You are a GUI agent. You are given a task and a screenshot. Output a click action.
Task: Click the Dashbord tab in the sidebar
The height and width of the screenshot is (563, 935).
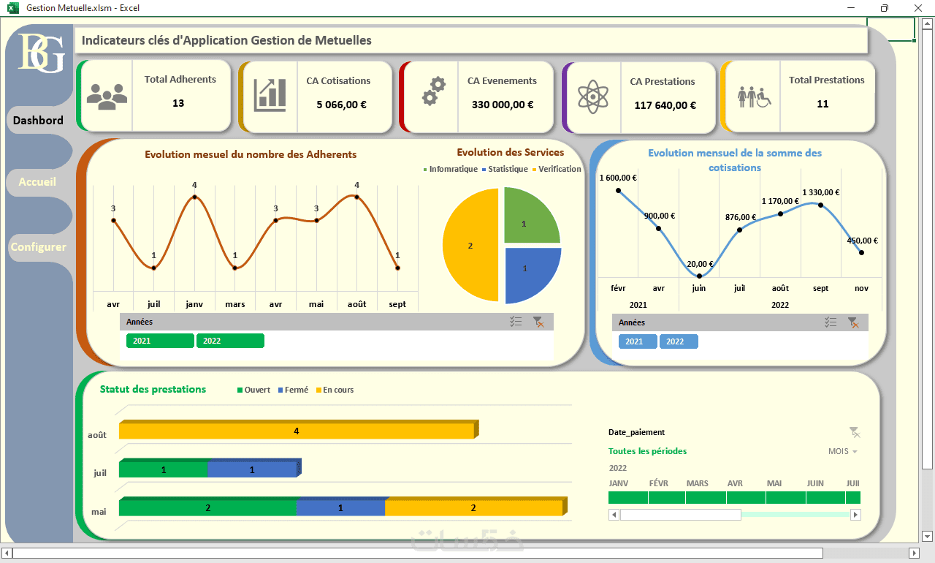tap(38, 120)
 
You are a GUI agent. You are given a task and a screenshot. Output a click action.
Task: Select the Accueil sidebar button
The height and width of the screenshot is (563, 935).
tap(37, 181)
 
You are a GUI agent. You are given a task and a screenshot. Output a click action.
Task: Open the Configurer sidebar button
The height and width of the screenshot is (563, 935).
tap(38, 247)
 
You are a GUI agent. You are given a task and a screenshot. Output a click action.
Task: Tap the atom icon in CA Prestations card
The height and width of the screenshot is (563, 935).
tap(592, 95)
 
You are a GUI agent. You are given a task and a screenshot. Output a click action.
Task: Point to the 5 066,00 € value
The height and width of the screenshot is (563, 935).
tap(341, 105)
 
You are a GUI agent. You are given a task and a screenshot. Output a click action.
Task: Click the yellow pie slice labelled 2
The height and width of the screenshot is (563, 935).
tap(470, 246)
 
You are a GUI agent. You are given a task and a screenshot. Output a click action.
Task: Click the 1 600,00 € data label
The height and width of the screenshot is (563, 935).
tap(617, 178)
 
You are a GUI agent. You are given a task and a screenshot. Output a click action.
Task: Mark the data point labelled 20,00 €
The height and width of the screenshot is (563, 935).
tap(700, 276)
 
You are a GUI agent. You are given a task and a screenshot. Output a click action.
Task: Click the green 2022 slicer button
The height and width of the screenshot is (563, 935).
tap(229, 341)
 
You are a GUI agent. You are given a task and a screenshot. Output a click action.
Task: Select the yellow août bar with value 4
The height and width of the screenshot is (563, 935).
tap(296, 431)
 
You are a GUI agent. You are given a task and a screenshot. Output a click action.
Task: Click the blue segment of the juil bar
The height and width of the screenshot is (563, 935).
tap(252, 469)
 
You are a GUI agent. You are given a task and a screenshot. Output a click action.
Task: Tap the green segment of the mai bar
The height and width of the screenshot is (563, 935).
tap(207, 508)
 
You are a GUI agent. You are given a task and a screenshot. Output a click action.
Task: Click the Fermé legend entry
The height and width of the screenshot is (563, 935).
tap(293, 390)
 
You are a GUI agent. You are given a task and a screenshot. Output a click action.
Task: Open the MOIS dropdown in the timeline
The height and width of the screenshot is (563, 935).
tap(842, 452)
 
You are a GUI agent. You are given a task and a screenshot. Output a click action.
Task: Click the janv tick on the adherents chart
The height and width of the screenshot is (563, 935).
tap(194, 304)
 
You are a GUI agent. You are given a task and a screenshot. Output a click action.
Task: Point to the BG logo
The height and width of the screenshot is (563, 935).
tap(41, 53)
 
